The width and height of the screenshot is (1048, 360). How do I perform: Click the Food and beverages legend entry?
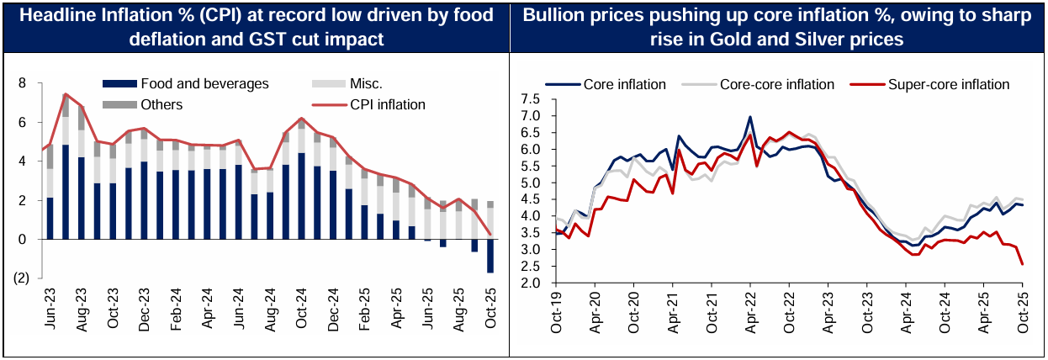click(204, 84)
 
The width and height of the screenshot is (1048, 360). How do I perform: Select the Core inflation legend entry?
click(623, 84)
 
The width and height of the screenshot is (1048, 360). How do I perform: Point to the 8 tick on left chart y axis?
click(22, 83)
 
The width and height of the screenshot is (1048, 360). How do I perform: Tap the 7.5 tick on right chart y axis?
click(530, 99)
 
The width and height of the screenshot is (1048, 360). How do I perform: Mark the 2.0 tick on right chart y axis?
click(530, 283)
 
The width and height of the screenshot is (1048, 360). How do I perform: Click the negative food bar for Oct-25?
click(490, 256)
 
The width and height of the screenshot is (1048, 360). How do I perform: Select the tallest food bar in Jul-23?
click(66, 192)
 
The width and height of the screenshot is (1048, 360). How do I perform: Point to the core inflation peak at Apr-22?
click(749, 118)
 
